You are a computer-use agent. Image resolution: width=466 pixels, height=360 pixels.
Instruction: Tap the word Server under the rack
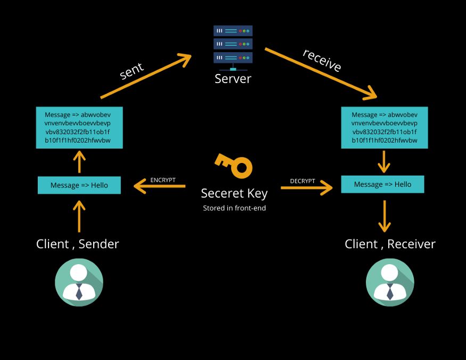[233, 79]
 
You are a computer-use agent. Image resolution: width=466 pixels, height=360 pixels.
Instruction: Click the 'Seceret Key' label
[234, 193]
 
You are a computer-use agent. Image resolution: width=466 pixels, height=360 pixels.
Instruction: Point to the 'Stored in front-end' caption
[234, 208]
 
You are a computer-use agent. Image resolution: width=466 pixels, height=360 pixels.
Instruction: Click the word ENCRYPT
[163, 180]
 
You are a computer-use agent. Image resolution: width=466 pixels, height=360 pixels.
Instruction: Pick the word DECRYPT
[303, 181]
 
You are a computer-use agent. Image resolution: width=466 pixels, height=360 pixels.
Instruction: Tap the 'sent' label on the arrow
[132, 70]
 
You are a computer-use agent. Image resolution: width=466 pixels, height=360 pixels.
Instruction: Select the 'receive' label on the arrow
[322, 60]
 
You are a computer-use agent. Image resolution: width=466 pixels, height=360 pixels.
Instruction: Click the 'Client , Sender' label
[78, 244]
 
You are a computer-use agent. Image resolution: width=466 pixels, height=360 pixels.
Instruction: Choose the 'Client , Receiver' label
[390, 244]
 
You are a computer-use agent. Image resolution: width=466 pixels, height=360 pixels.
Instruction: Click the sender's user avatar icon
[79, 282]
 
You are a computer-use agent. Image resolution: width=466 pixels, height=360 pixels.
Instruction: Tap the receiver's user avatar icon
[390, 282]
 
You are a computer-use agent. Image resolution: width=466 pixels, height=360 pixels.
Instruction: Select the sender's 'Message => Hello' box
[79, 185]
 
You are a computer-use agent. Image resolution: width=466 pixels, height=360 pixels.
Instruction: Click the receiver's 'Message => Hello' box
[382, 184]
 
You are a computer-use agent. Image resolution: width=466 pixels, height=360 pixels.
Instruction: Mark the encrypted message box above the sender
[79, 128]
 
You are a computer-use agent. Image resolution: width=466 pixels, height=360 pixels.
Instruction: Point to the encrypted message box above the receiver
[384, 128]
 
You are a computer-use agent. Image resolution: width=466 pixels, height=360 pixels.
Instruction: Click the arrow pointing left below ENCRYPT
[159, 186]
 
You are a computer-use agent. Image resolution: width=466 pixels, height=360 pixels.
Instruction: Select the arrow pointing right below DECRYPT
[306, 187]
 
